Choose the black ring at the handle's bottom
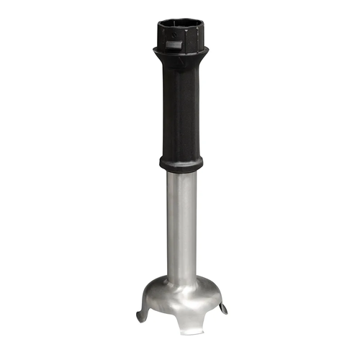tap(180, 163)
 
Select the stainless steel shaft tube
tap(180, 223)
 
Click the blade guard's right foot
tap(223, 309)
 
